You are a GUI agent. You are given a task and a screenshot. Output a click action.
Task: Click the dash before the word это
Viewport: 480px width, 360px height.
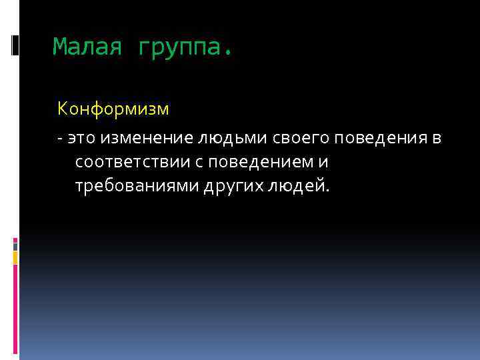pyautogui.click(x=60, y=138)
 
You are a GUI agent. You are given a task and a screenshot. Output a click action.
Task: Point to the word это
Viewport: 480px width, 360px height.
pyautogui.click(x=79, y=138)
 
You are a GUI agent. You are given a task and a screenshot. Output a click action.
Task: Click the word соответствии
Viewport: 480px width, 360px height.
pyautogui.click(x=136, y=162)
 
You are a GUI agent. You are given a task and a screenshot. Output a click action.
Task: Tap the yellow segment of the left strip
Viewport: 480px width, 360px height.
pyautogui.click(x=15, y=257)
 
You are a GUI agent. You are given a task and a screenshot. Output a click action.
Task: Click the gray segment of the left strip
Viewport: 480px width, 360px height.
pyautogui.click(x=15, y=245)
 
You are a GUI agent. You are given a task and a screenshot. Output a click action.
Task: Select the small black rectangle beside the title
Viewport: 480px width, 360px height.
pyautogui.click(x=15, y=45)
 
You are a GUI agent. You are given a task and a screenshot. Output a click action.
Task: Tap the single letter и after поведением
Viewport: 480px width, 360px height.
pyautogui.click(x=325, y=162)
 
